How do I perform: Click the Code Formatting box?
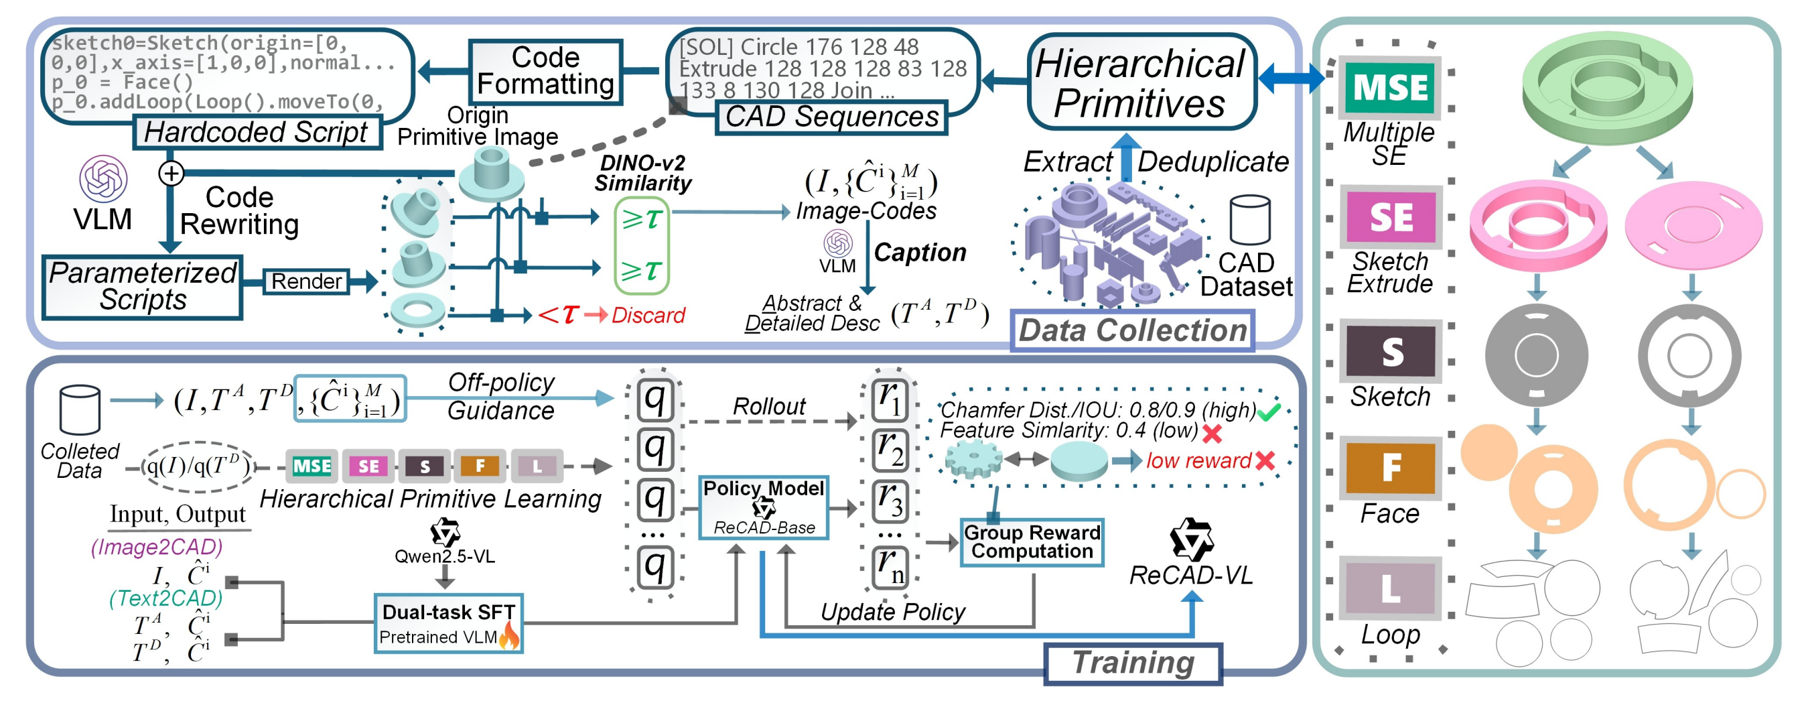[x=545, y=72]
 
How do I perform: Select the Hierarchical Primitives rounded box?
[x=1141, y=82]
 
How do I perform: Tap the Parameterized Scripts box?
[x=142, y=287]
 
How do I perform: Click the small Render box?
[x=306, y=281]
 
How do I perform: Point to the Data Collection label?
[x=1131, y=330]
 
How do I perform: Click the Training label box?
[x=1132, y=662]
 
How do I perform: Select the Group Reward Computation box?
[x=1032, y=541]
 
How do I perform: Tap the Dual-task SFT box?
[x=447, y=623]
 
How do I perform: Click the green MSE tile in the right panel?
[x=1390, y=88]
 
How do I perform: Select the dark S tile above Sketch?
[x=1390, y=351]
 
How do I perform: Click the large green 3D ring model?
[x=1607, y=84]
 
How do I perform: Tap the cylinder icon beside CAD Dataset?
[x=1250, y=220]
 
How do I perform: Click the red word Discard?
[x=648, y=316]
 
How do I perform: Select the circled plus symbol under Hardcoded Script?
[x=171, y=173]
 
